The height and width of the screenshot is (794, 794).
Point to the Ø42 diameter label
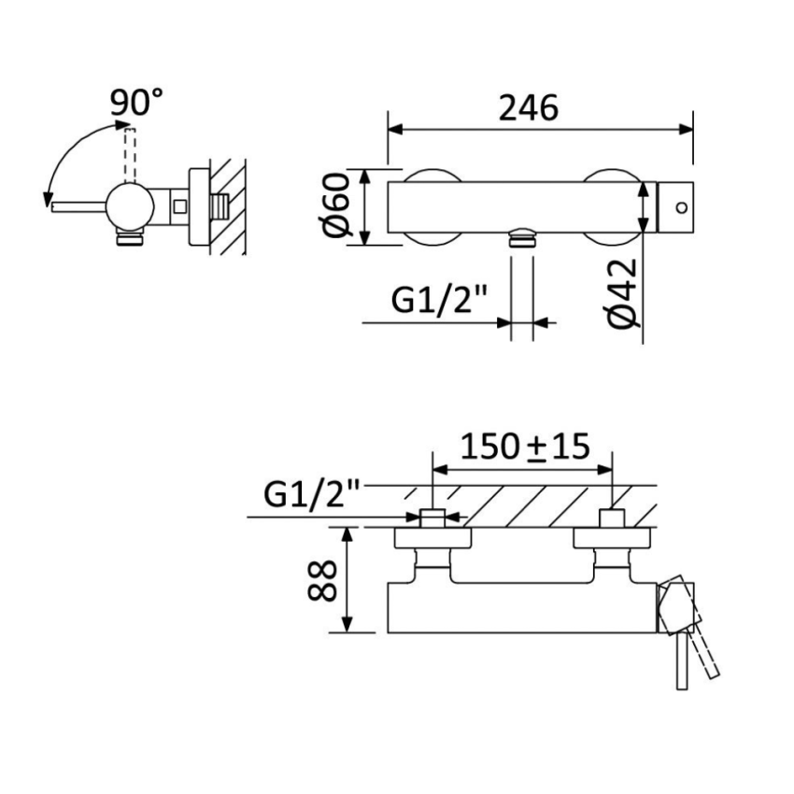pyautogui.click(x=622, y=291)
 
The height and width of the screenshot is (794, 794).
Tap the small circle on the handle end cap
pyautogui.click(x=679, y=206)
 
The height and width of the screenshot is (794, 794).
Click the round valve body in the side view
pyautogui.click(x=130, y=205)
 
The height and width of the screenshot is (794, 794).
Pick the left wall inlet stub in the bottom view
pyautogui.click(x=432, y=518)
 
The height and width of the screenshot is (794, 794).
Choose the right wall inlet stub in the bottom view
pyautogui.click(x=611, y=518)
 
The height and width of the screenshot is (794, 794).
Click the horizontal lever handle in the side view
pyautogui.click(x=79, y=206)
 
